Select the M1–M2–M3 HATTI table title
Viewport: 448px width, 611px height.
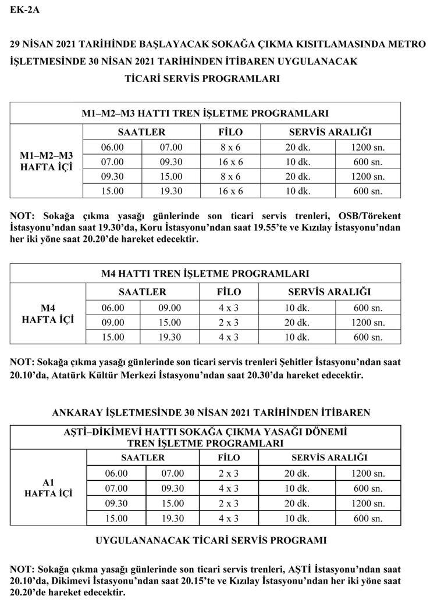tap(205, 113)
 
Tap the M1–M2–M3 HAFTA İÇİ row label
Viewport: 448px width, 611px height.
tap(47, 162)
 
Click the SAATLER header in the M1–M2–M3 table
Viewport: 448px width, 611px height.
tap(141, 132)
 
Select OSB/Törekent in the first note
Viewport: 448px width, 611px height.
tap(369, 216)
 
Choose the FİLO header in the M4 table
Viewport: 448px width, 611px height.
tap(229, 292)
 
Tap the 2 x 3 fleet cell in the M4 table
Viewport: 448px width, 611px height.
tap(229, 322)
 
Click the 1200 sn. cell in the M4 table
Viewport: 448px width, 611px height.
tap(368, 322)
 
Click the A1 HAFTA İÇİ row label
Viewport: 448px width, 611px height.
tap(48, 488)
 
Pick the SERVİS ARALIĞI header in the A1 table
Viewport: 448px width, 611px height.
tap(330, 458)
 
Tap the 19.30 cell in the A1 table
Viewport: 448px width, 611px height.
tap(172, 518)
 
